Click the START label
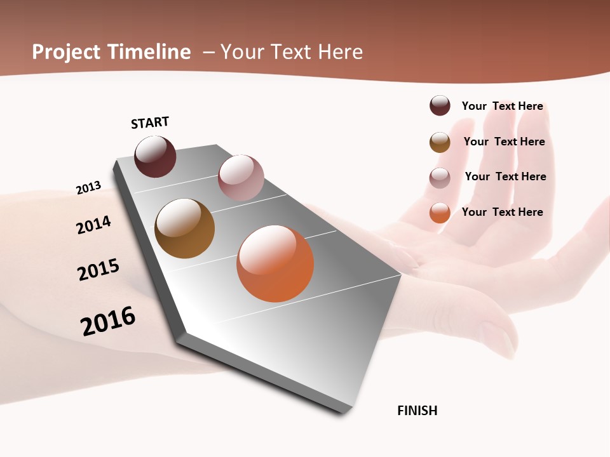click(150, 123)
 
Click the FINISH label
click(417, 411)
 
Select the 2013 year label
click(88, 188)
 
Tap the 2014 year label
click(93, 225)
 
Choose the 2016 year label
click(108, 321)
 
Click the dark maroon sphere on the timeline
click(155, 157)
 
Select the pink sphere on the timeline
click(241, 178)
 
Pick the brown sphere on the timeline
click(184, 228)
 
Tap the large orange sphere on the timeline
click(275, 263)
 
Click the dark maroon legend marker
click(440, 105)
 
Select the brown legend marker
click(440, 142)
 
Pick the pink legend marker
click(440, 178)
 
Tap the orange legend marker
click(440, 213)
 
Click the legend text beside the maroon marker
click(502, 106)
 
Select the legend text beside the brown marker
click(504, 142)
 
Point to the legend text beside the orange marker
click(502, 212)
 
